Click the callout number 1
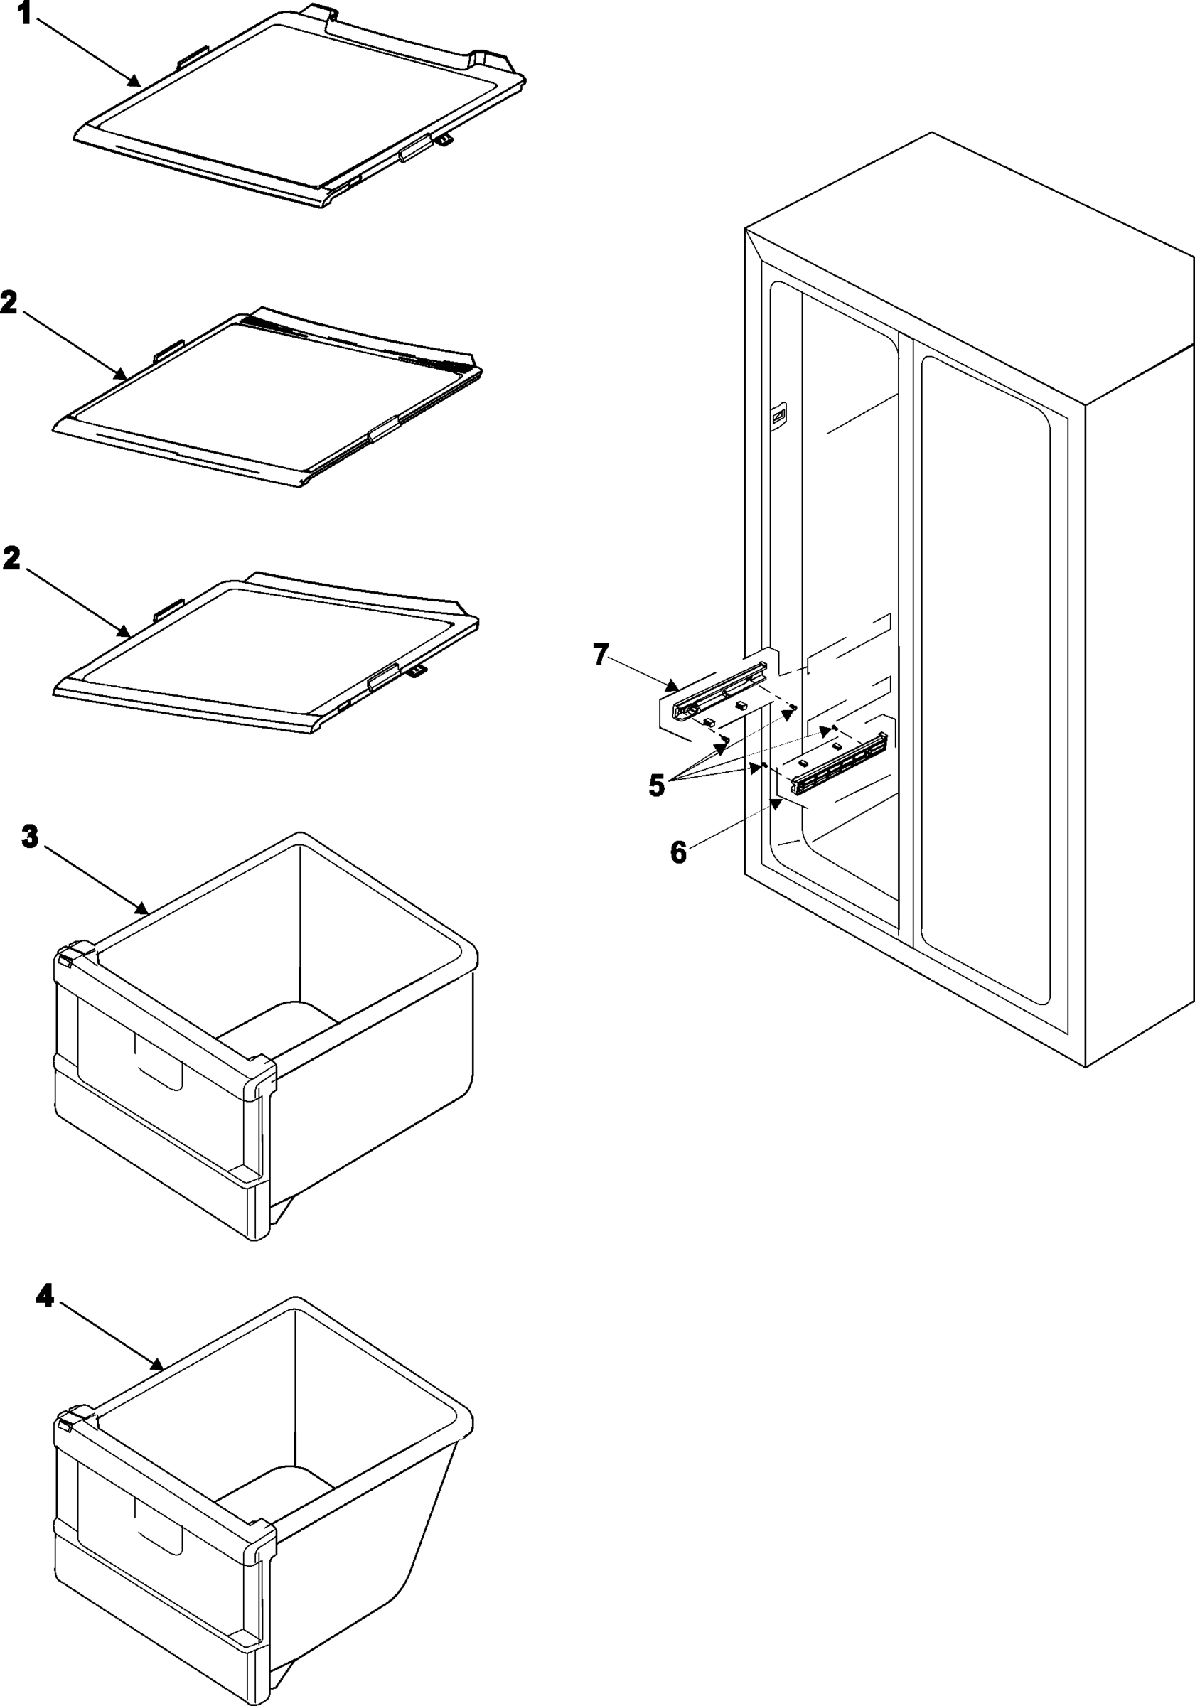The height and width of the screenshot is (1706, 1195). click(x=23, y=13)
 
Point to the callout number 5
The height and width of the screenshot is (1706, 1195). click(x=656, y=785)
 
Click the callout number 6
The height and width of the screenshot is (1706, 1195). click(x=677, y=853)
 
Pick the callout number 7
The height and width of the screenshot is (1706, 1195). click(x=601, y=655)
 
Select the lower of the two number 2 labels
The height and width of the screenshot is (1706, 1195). click(x=11, y=559)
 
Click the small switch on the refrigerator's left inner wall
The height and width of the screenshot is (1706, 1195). click(x=779, y=416)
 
